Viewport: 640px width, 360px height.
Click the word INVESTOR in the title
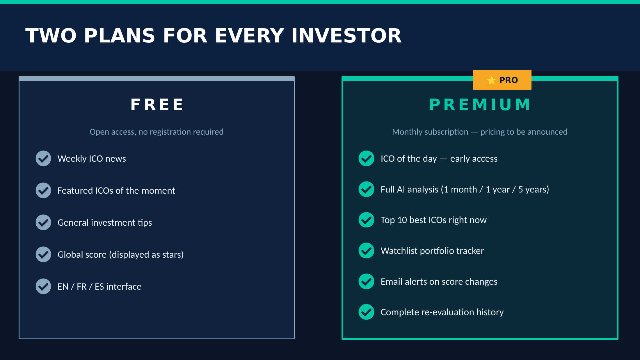click(346, 36)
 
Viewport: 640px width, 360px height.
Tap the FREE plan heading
click(157, 105)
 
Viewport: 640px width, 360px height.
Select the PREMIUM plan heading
click(480, 105)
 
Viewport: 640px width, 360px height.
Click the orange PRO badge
click(502, 80)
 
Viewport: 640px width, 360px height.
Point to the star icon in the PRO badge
click(492, 80)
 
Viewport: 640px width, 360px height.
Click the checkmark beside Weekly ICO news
click(43, 158)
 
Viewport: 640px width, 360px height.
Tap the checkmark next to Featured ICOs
click(43, 190)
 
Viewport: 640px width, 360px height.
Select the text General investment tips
click(105, 222)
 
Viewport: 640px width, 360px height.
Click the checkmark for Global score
click(43, 254)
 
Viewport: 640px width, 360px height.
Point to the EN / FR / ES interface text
click(99, 286)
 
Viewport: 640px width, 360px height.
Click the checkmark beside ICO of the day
click(367, 158)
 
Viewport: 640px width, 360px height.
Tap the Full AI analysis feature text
click(465, 189)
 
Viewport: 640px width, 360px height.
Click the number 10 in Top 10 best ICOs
click(402, 220)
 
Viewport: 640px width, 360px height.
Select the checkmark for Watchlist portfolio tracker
click(367, 251)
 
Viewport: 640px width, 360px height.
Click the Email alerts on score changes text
click(439, 281)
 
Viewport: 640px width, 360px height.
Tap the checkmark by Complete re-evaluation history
click(367, 312)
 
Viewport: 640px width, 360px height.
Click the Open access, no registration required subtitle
click(157, 132)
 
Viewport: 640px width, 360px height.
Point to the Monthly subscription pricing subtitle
click(480, 132)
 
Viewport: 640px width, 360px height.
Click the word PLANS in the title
click(120, 36)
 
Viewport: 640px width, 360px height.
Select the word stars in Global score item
click(172, 255)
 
